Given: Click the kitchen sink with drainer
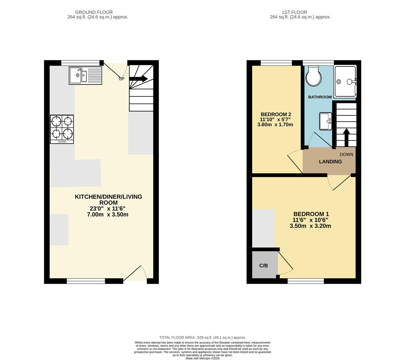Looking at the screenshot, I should [x=85, y=75].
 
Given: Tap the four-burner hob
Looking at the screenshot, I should [x=62, y=129].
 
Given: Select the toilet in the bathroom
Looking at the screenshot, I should [x=314, y=76].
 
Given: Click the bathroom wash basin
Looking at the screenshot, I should [x=325, y=121].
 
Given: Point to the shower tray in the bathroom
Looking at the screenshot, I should [x=346, y=81].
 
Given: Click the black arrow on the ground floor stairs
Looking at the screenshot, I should [x=138, y=79].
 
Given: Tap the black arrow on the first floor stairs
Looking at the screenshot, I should [x=346, y=137].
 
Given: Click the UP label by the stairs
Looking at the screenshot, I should [x=121, y=79].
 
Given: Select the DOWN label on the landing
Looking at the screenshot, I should [x=346, y=155].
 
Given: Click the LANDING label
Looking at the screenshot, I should [x=330, y=162].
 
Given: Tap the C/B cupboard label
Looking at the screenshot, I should [x=264, y=266].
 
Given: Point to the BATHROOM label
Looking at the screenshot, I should [x=320, y=97].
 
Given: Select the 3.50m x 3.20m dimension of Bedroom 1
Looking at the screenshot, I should [x=310, y=226].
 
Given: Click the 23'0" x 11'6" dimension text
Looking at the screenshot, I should [x=107, y=209].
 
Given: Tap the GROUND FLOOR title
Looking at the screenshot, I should [x=94, y=12].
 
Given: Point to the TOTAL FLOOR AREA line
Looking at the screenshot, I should [x=202, y=337].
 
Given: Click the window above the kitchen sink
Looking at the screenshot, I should [x=80, y=62].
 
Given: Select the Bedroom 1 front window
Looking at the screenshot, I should [x=306, y=281].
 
